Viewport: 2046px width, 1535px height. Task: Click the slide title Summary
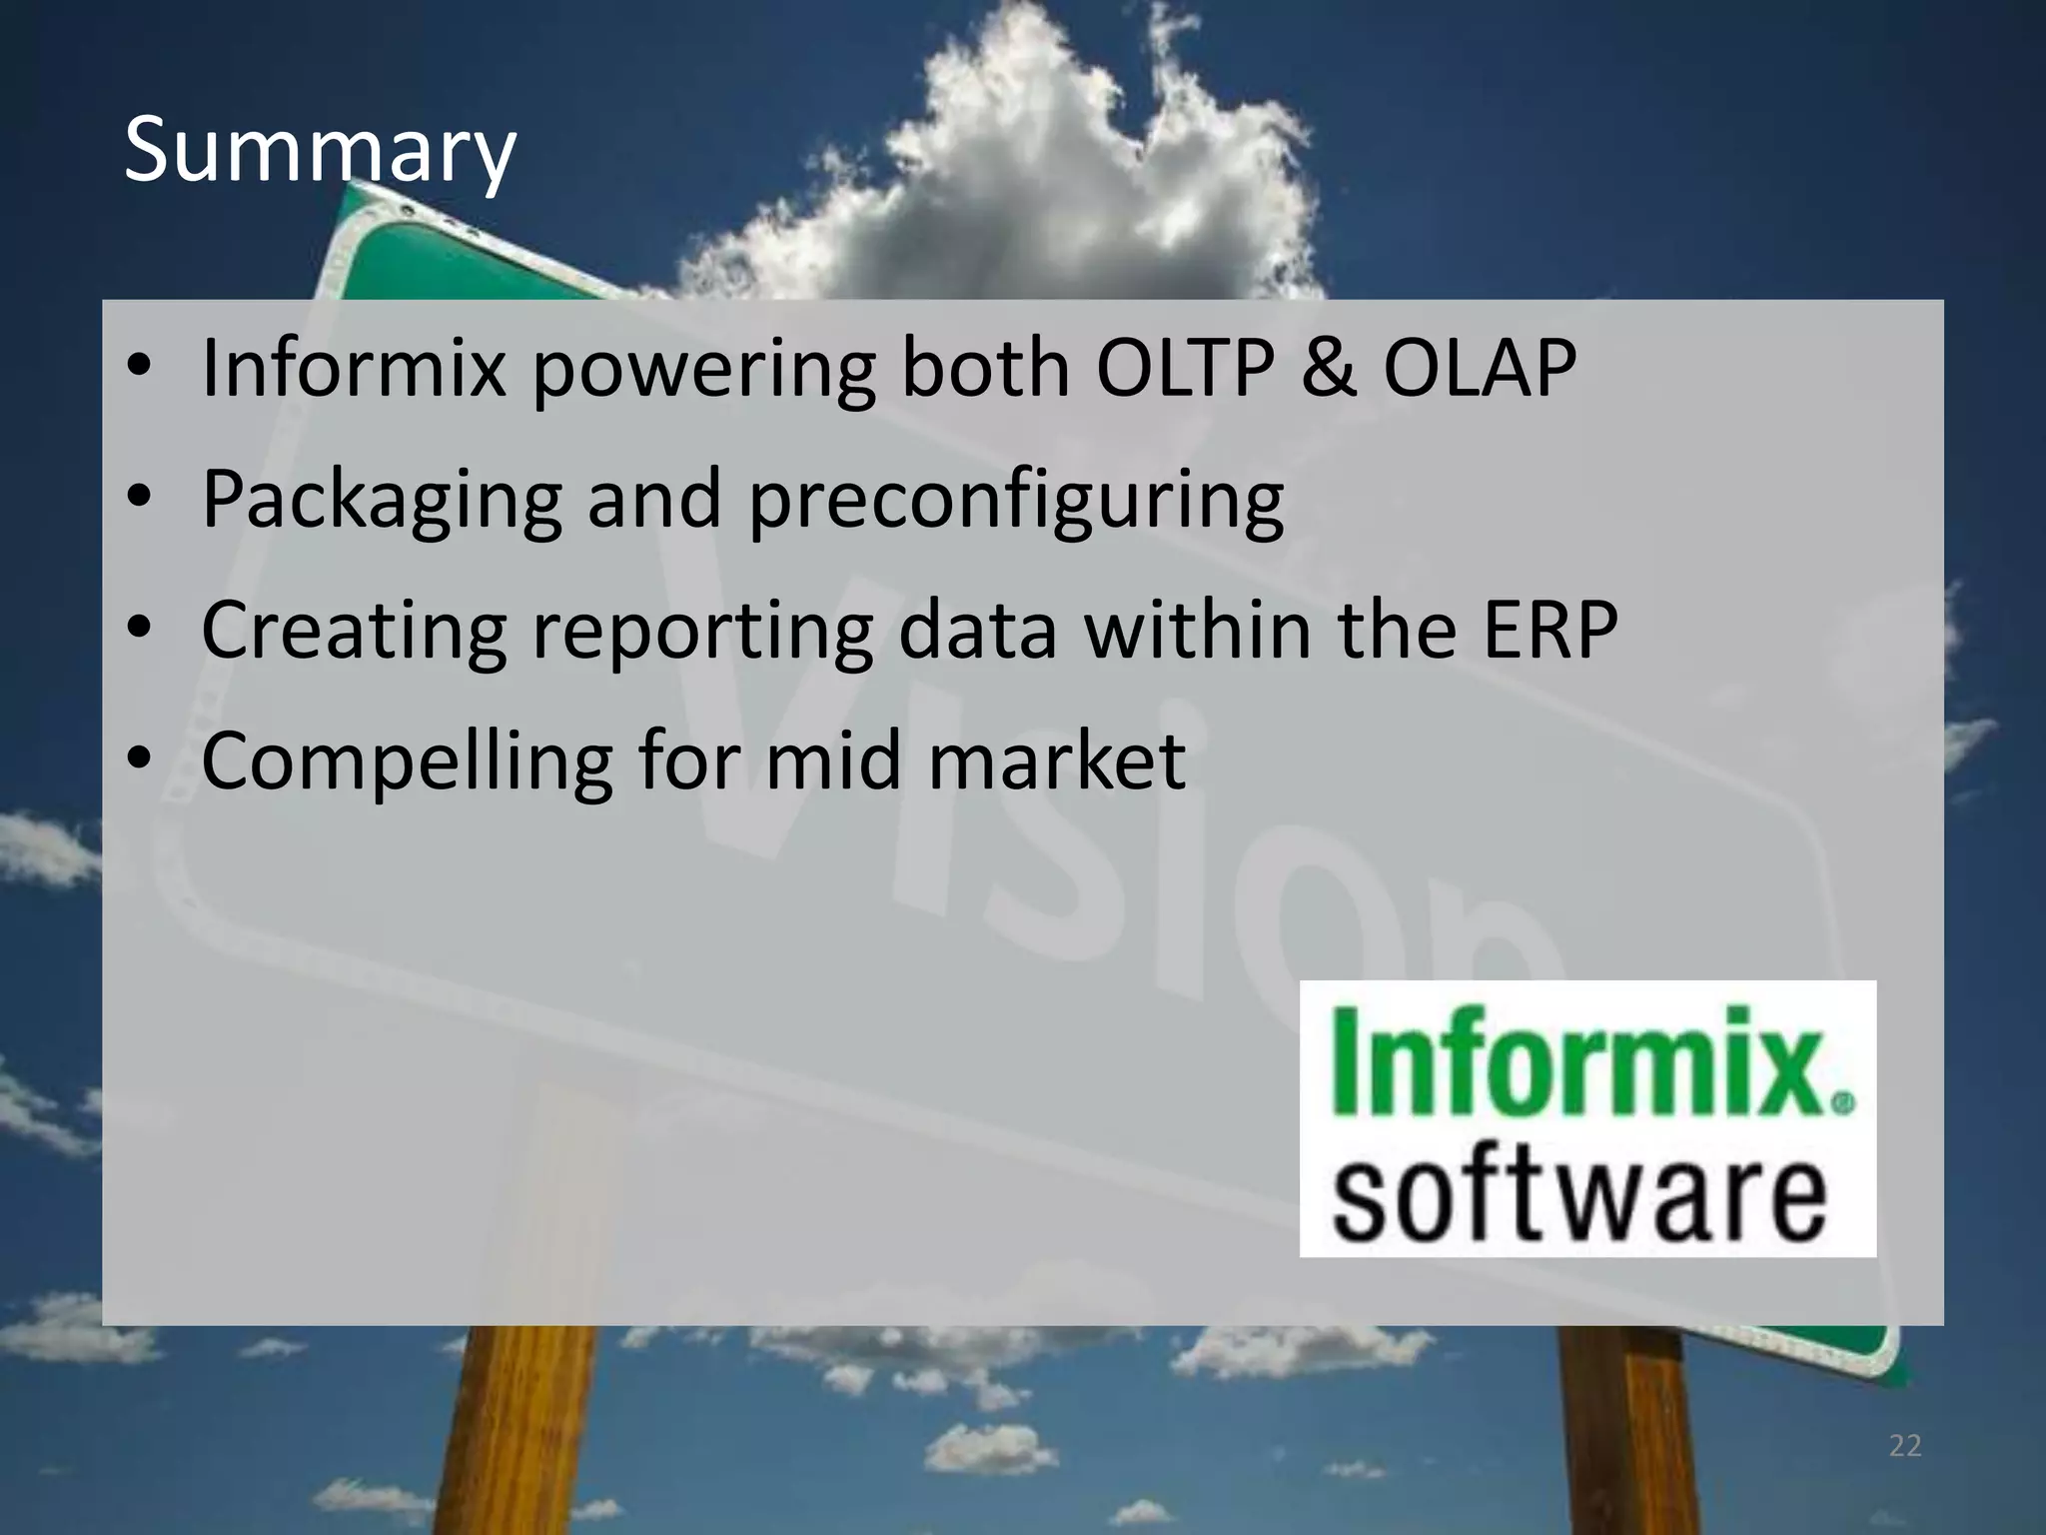click(320, 152)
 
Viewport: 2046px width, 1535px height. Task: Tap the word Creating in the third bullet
click(355, 631)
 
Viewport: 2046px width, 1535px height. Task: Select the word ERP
click(1549, 631)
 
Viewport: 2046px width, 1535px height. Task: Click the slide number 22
click(1905, 1446)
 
